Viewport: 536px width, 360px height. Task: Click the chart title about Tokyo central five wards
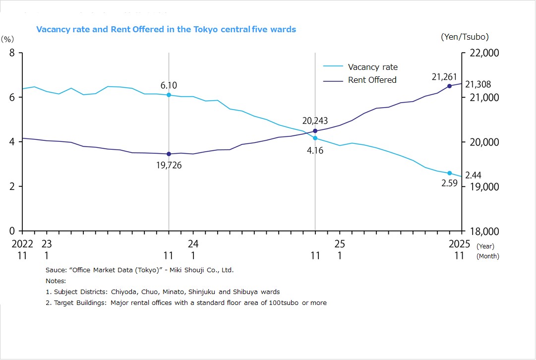click(166, 29)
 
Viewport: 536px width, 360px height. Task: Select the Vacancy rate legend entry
click(372, 67)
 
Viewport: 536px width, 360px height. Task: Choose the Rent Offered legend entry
click(372, 80)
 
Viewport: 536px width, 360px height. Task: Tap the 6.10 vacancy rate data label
click(169, 86)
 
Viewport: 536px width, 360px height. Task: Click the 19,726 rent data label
click(169, 165)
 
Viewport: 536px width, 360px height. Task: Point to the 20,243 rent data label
click(315, 120)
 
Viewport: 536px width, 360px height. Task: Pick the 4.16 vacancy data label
click(315, 150)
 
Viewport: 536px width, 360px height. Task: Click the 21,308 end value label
click(478, 85)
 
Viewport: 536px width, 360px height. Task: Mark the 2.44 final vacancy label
click(473, 175)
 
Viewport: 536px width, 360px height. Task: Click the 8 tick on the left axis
click(12, 53)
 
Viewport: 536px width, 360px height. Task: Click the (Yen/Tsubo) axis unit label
click(464, 37)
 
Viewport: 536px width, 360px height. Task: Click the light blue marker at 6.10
click(169, 95)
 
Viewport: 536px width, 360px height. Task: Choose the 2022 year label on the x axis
click(22, 244)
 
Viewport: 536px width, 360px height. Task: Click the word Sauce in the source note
click(56, 270)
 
